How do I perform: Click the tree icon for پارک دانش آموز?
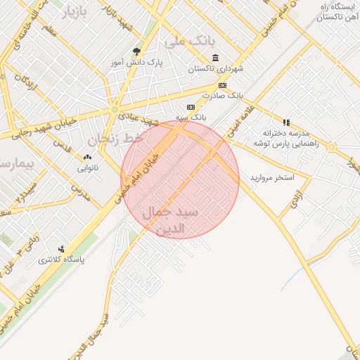(x=136, y=51)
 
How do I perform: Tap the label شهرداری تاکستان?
(x=215, y=70)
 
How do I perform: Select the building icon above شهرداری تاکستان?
(x=214, y=58)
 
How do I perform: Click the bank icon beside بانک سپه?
(x=190, y=106)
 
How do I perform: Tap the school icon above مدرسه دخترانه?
(x=286, y=122)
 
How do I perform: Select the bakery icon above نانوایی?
(x=87, y=157)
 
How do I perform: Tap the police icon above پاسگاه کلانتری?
(x=62, y=248)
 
